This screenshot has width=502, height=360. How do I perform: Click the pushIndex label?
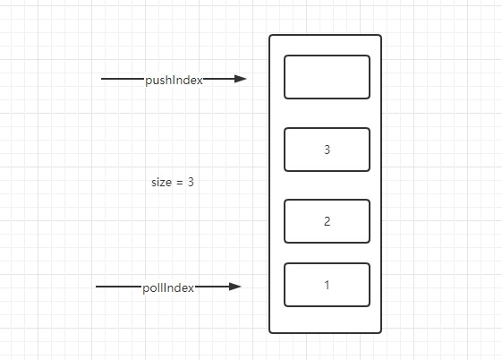click(x=174, y=80)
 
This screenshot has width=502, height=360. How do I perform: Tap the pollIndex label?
click(x=168, y=288)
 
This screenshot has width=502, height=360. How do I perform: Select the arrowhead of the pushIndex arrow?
click(x=240, y=79)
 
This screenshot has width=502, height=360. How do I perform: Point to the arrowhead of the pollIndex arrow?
click(x=235, y=287)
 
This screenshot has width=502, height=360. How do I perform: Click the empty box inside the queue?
click(x=327, y=77)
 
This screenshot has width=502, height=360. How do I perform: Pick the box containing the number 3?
click(x=327, y=150)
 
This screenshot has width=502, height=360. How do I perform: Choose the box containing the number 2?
click(x=327, y=221)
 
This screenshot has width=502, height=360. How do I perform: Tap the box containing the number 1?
click(x=327, y=285)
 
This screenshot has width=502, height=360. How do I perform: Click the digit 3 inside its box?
click(x=327, y=150)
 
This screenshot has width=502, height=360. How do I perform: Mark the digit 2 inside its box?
click(x=327, y=221)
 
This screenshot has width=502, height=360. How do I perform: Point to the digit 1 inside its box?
click(x=327, y=285)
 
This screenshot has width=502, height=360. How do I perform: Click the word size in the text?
click(x=162, y=183)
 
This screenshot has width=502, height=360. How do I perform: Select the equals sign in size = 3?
click(x=180, y=183)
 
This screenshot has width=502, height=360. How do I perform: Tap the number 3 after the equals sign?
click(x=191, y=182)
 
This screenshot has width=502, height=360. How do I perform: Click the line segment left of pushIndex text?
click(x=123, y=79)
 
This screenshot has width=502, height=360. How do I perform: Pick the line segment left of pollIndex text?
click(x=119, y=287)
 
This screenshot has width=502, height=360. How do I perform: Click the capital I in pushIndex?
click(x=174, y=80)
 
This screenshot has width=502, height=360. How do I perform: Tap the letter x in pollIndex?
click(x=191, y=288)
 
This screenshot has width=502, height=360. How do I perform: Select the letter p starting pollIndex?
click(x=146, y=289)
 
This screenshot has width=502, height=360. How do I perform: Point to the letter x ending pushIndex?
click(x=200, y=81)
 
